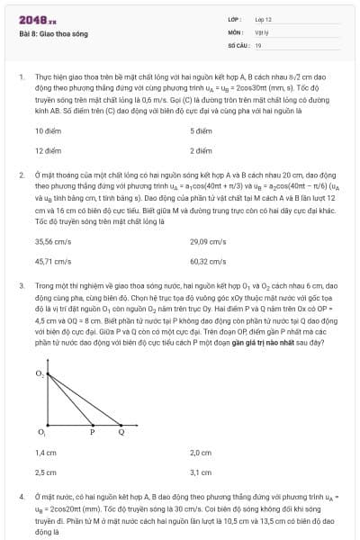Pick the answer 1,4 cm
click(x=45, y=453)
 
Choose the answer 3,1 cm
click(x=200, y=472)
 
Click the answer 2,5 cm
click(x=45, y=472)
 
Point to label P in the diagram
click(x=93, y=432)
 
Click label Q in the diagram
click(x=121, y=432)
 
